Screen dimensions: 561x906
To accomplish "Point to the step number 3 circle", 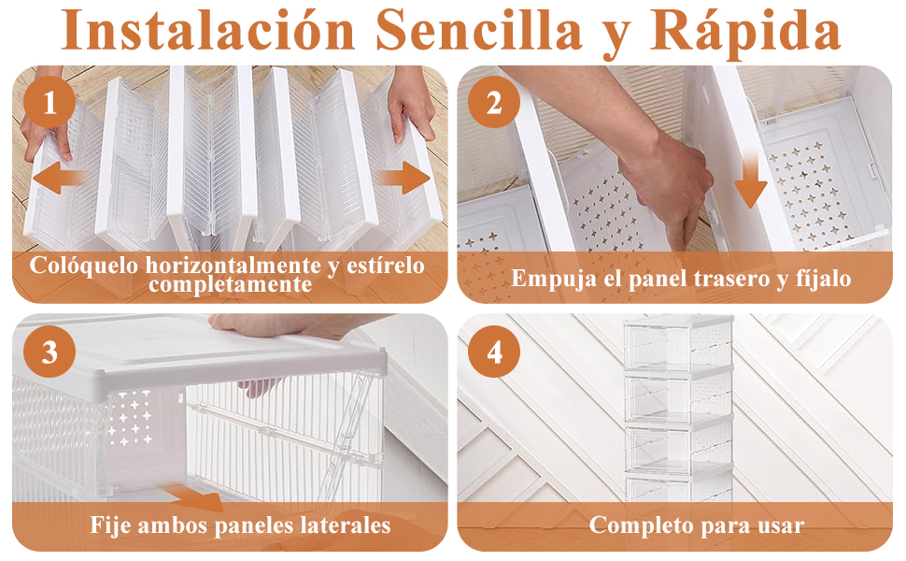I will [x=50, y=352].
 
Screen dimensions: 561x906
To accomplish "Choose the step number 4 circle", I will [x=493, y=352].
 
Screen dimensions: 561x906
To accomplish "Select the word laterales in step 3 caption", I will [x=341, y=525].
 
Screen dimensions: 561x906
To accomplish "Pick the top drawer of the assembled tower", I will [x=678, y=345].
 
